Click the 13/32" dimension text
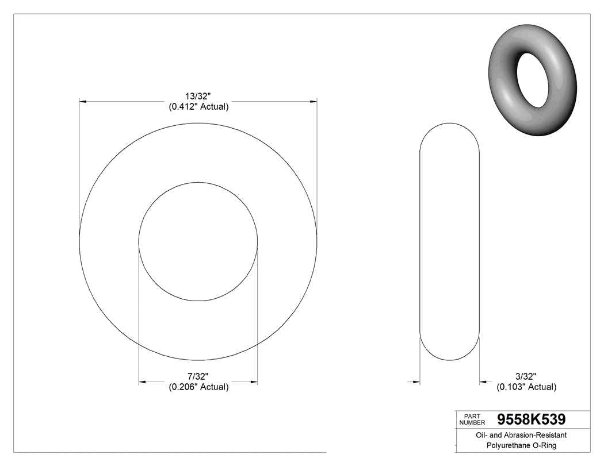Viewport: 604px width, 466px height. tap(198, 97)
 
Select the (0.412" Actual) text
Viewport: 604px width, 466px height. tap(198, 107)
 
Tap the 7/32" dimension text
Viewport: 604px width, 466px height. tap(198, 376)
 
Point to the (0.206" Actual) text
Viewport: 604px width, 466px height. tap(198, 387)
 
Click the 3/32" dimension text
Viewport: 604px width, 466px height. tap(526, 376)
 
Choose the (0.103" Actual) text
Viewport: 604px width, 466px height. tap(526, 387)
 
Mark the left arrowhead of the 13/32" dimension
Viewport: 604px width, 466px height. tap(83, 102)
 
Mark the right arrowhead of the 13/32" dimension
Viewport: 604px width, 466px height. tap(314, 102)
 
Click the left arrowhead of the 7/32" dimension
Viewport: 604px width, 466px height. tap(143, 382)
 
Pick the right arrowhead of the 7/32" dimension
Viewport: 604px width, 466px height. tap(254, 382)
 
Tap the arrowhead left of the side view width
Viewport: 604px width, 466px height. tap(416, 381)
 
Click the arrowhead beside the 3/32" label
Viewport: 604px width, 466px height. tap(484, 381)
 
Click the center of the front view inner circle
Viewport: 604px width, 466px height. tap(198, 242)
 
